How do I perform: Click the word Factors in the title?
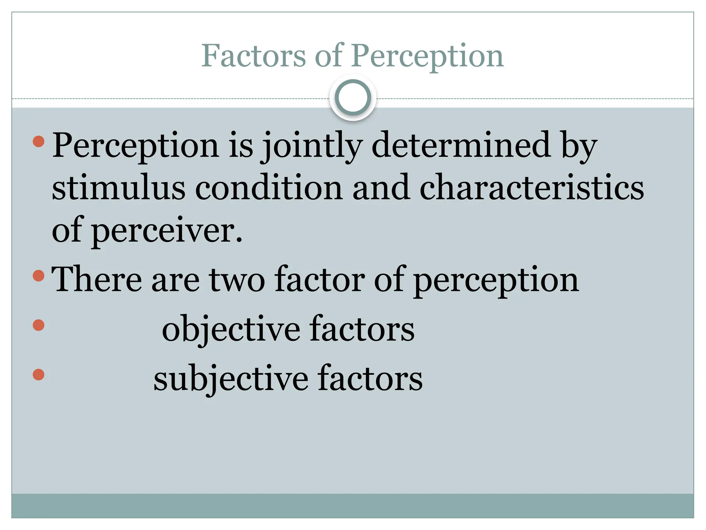pos(253,56)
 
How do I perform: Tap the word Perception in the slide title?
pos(427,56)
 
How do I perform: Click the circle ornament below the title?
pos(353,98)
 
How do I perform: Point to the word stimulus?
pos(119,188)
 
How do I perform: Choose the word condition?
pos(269,188)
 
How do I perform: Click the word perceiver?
pos(167,231)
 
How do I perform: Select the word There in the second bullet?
pos(97,279)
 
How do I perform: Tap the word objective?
pos(231,330)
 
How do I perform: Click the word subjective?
pos(231,379)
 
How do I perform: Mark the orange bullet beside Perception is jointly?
pos(39,141)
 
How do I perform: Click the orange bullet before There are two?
pos(39,275)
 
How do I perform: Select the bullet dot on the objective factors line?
pos(39,325)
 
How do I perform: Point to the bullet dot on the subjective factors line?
pos(39,374)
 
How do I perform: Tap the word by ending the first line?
pos(579,146)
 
